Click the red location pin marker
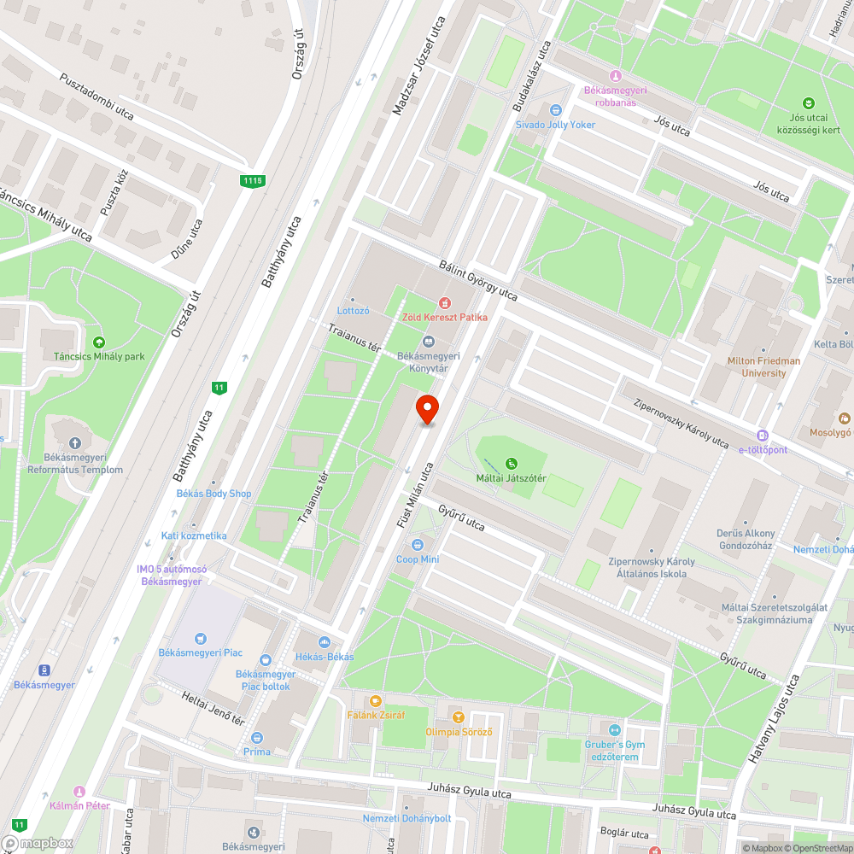coord(427,409)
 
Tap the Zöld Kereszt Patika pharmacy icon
coord(444,303)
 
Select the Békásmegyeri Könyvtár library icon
coord(429,342)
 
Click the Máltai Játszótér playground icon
coord(512,464)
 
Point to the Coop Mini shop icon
coord(418,545)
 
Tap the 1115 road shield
coord(252,180)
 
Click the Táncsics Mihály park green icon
coord(99,342)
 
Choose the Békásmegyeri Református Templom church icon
coord(75,443)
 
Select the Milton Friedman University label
coord(763,366)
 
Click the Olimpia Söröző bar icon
coord(459,717)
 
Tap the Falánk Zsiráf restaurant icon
coord(376,700)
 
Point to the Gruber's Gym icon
coord(614,729)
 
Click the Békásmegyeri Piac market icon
coord(200,638)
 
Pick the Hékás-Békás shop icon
coord(324,642)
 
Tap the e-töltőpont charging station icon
coord(763,435)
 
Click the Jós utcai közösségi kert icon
coord(809,102)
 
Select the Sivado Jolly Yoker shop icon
coord(555,110)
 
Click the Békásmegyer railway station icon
coord(44,670)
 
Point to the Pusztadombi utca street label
coord(97,97)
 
